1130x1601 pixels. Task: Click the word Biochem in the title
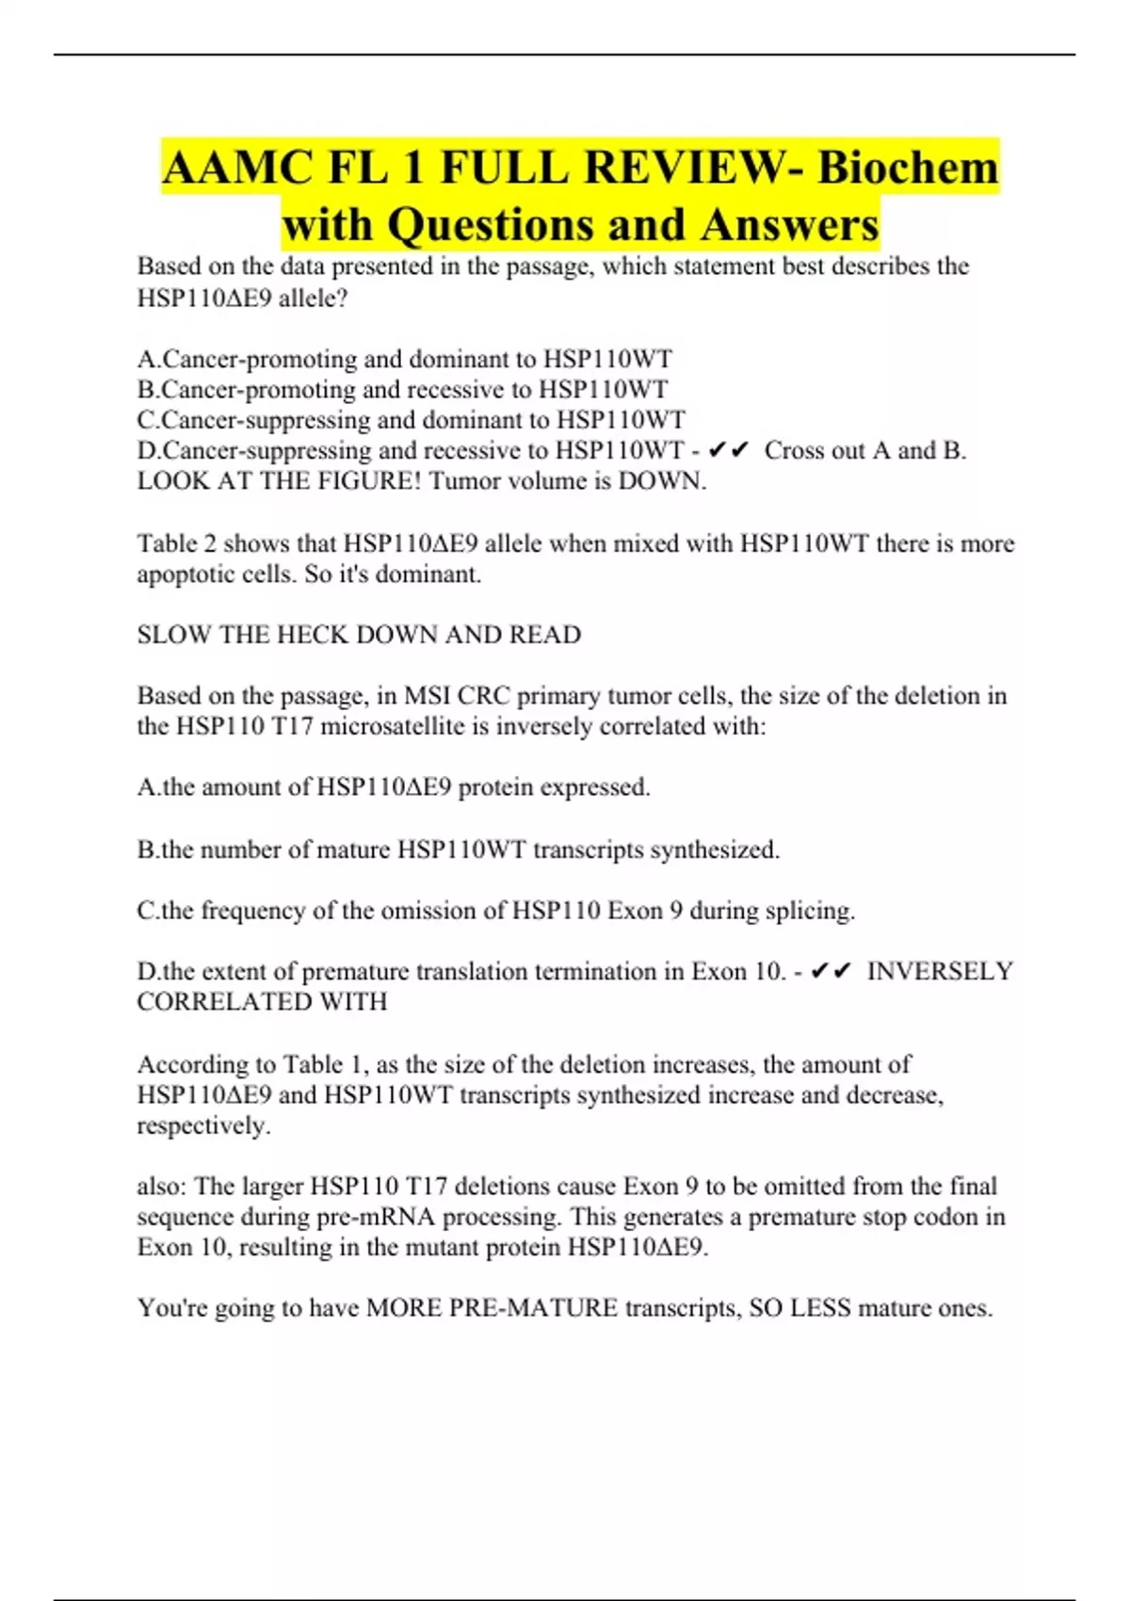[x=907, y=168]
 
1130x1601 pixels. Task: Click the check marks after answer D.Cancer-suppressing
[x=727, y=451]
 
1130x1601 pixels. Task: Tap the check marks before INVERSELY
[x=831, y=971]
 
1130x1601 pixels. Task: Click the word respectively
[x=203, y=1125]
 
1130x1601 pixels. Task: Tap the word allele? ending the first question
[x=313, y=299]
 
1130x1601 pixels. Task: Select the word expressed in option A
[x=604, y=787]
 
